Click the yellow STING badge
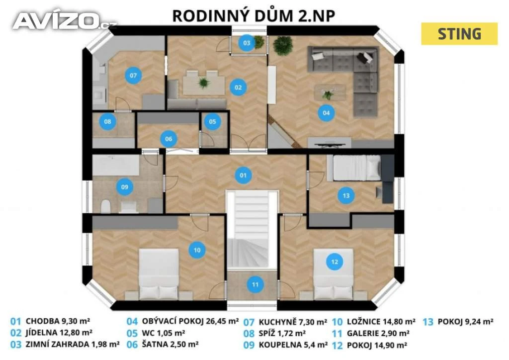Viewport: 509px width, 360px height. click(459, 34)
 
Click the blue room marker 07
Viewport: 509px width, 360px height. click(133, 76)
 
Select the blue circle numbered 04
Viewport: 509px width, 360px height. click(326, 113)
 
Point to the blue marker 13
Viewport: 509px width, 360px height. click(346, 196)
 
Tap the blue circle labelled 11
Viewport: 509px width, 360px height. click(255, 285)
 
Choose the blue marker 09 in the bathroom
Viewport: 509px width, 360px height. click(125, 187)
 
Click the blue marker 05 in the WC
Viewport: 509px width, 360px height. click(212, 122)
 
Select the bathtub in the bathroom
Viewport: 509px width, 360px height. click(116, 165)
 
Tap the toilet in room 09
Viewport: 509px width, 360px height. click(105, 206)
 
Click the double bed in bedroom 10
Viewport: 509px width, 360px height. click(159, 274)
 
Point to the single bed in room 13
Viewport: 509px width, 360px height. click(354, 168)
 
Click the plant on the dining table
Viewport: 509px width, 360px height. click(204, 83)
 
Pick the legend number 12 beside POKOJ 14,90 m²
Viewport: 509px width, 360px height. click(338, 346)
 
